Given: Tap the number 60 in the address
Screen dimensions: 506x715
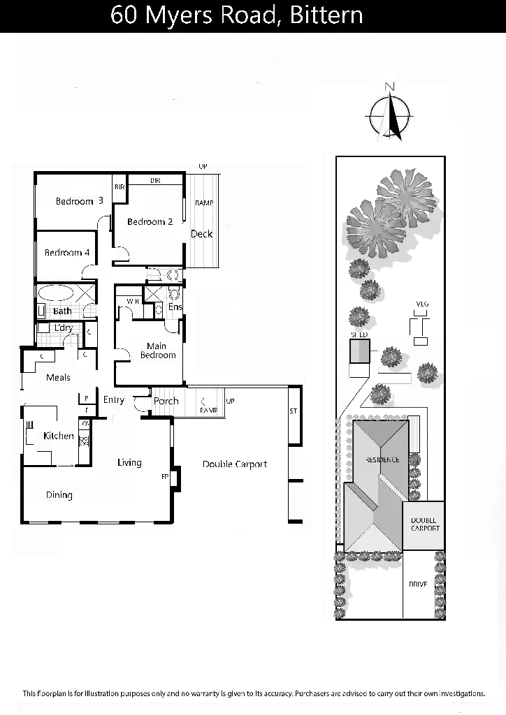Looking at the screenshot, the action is (125, 15).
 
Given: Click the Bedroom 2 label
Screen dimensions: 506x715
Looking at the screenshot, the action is (150, 222).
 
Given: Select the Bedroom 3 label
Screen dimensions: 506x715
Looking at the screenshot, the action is (80, 202).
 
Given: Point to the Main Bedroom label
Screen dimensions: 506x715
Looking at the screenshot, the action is (158, 350).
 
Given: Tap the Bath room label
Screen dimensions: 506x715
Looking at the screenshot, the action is (62, 311).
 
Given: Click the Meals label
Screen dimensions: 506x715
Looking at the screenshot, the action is (58, 378).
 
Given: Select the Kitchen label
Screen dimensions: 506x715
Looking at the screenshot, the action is (59, 436).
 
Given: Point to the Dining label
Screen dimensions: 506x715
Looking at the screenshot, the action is (59, 495).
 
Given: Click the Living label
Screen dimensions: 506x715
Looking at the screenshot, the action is (129, 462).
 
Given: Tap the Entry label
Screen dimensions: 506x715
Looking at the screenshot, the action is (114, 400).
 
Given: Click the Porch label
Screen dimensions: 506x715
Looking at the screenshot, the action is (166, 401).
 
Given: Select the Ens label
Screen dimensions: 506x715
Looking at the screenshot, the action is (175, 307).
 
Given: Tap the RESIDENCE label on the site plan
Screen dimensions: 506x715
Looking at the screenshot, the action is (381, 460).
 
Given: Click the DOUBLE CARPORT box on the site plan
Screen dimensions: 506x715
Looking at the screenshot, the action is (424, 524).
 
